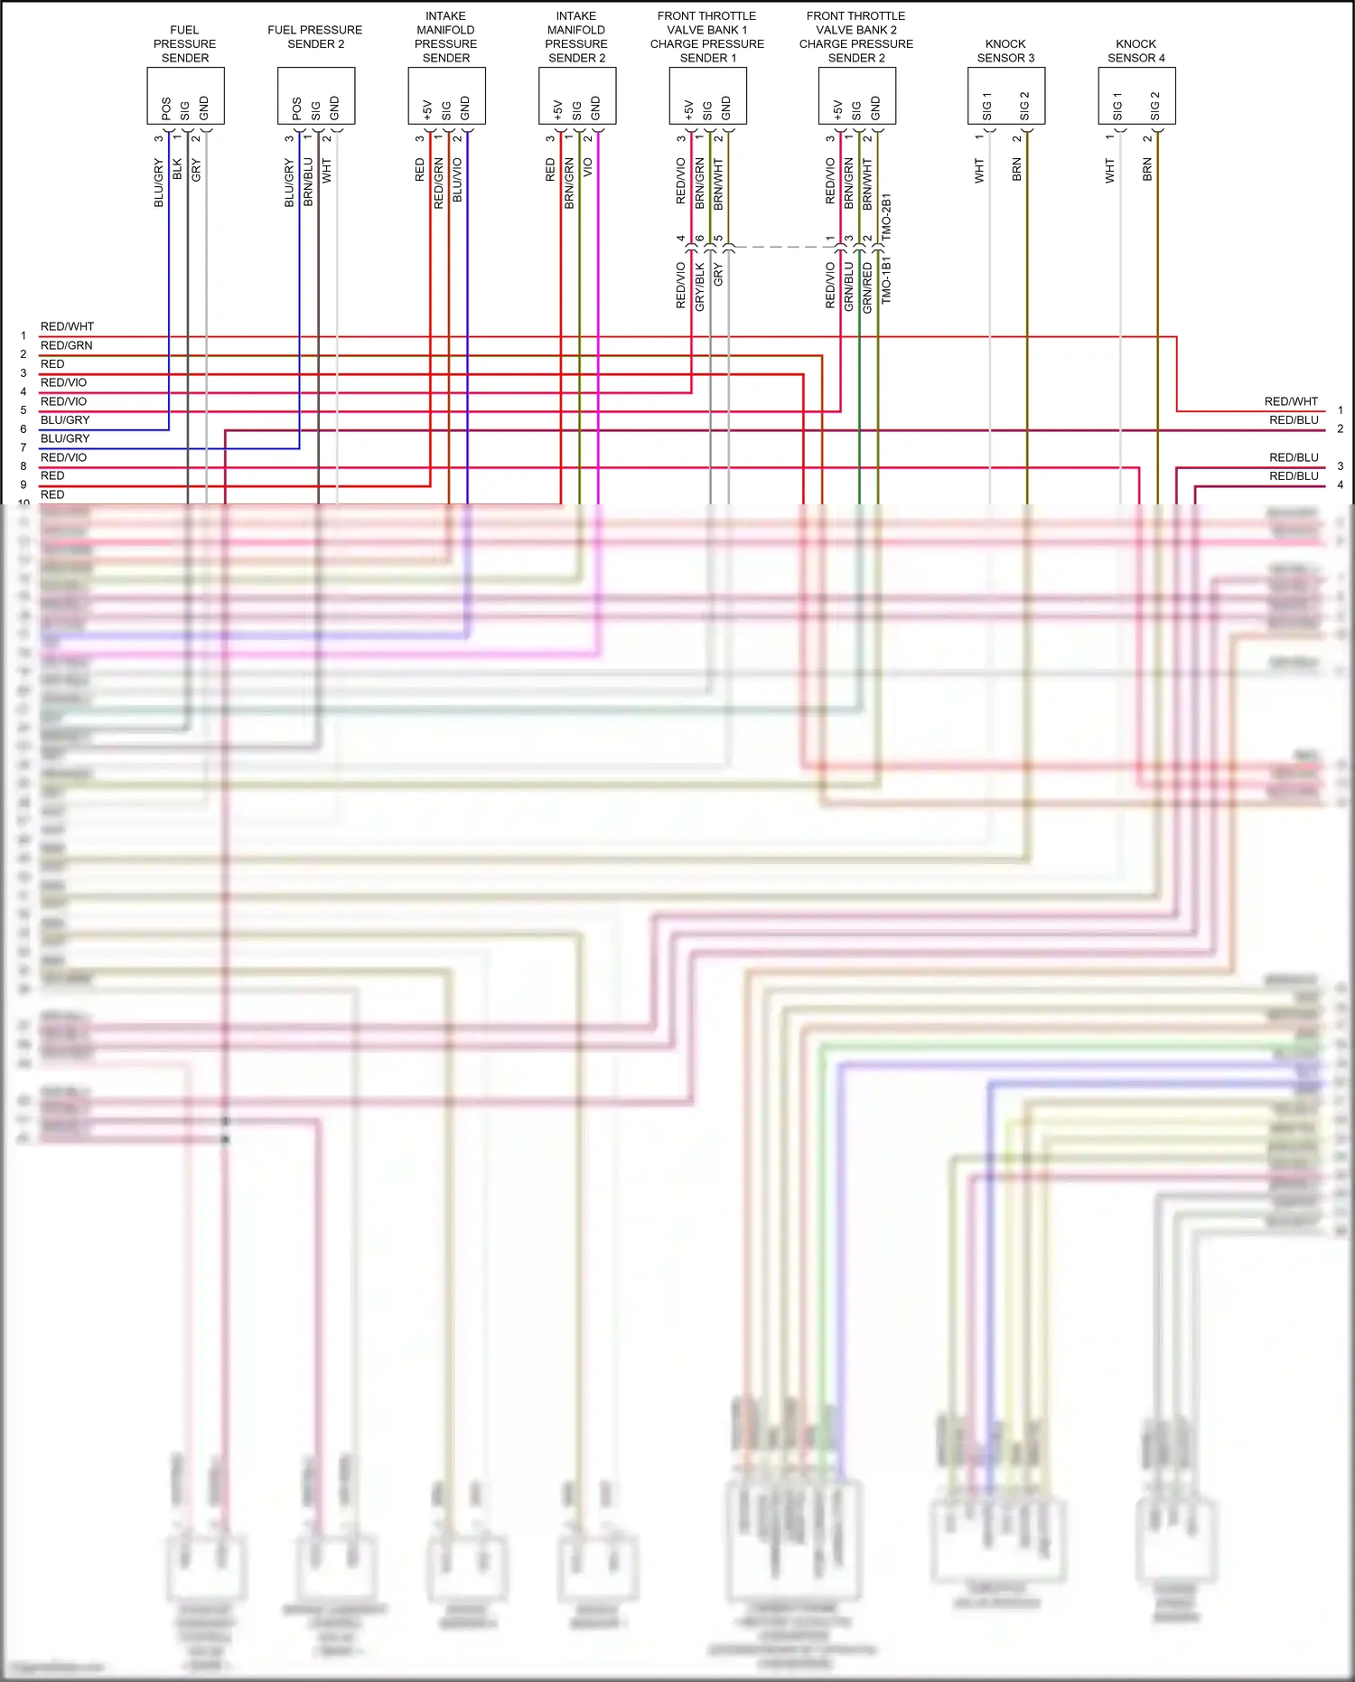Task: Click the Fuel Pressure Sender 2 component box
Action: coord(315,95)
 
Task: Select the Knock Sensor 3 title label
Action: coord(1005,51)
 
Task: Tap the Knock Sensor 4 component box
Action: coord(1136,95)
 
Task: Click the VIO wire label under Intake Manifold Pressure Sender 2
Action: coord(588,168)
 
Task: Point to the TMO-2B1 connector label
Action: coord(886,216)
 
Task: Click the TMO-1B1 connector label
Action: coord(886,279)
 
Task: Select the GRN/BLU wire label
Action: coord(848,287)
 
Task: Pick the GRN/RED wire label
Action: coord(867,287)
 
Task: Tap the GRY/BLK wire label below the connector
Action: coord(699,287)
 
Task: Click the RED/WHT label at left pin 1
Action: coord(67,326)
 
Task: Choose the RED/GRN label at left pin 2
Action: coord(66,345)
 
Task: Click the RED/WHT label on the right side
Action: coord(1291,401)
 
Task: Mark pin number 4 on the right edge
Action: coord(1340,484)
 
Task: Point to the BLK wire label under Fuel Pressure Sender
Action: coord(177,169)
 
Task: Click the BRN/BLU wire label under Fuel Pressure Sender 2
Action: coord(308,183)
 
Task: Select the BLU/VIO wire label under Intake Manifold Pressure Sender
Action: coord(457,180)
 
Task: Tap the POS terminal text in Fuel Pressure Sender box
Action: coord(166,108)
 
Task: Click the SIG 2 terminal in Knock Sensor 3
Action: coord(1024,106)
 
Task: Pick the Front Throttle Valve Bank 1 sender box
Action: coord(707,95)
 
